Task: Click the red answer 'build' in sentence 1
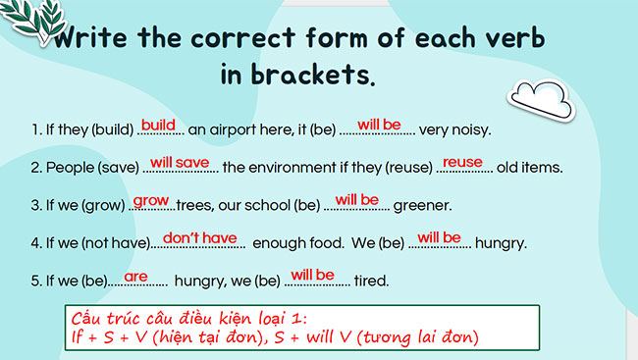tap(157, 125)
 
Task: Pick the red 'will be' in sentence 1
tap(379, 125)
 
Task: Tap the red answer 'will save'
tap(185, 161)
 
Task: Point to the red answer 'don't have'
tap(199, 236)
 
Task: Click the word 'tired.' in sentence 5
tap(371, 282)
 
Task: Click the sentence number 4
tap(34, 243)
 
